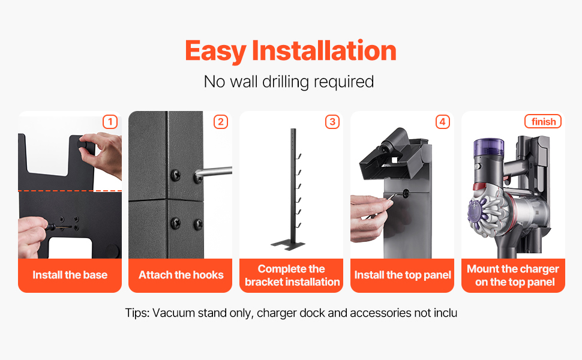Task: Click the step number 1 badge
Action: coord(110,122)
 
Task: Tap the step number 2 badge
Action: coord(220,122)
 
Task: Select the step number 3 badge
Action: coord(332,122)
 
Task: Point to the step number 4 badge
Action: coord(442,122)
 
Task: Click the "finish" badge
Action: coord(543,121)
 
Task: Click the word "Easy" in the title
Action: coord(215,51)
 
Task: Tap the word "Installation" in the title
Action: coord(324,50)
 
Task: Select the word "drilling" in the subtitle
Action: coord(286,82)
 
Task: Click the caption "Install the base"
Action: coord(70,275)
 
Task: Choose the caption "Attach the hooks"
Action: coord(181,275)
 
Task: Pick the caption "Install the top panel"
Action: coord(403,275)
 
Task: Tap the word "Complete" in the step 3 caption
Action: coord(282,269)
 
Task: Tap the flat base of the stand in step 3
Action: coord(287,245)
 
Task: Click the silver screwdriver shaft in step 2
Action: coord(214,172)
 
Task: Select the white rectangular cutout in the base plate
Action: coord(70,248)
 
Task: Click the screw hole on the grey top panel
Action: coord(406,193)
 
